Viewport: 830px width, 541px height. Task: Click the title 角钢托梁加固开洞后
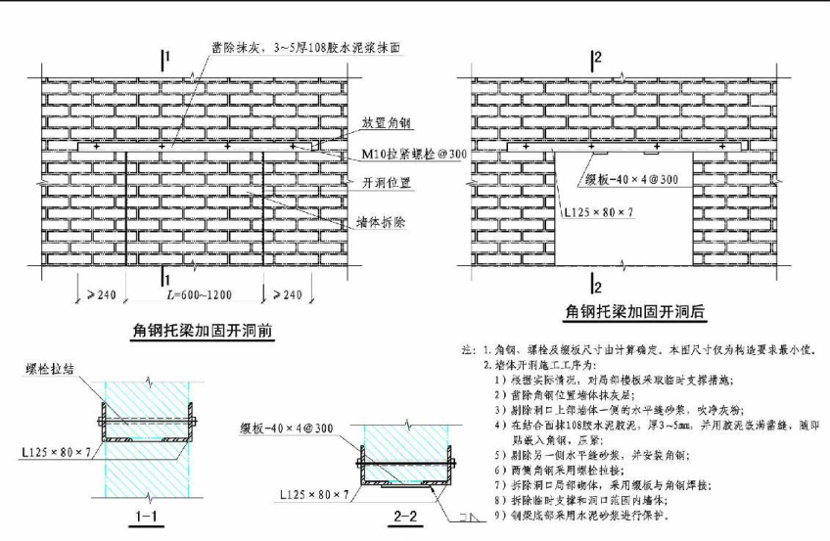click(637, 313)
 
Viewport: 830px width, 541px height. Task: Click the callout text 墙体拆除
click(380, 223)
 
